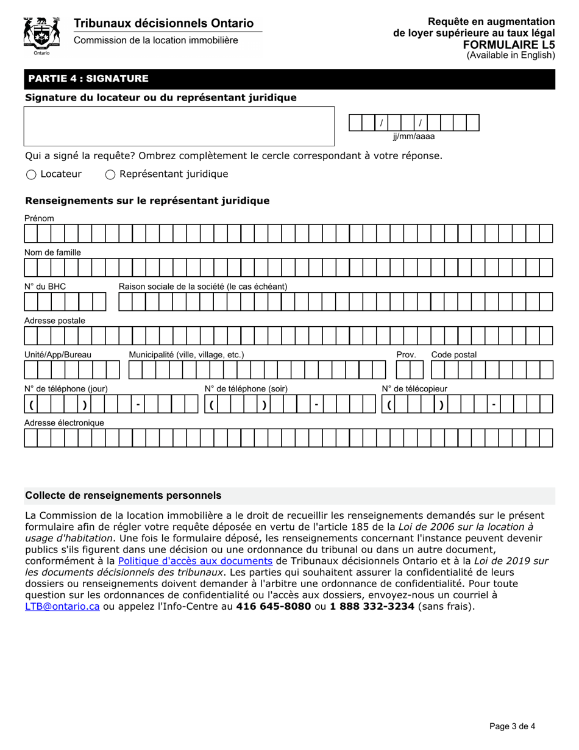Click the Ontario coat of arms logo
[41, 35]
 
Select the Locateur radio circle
[31, 175]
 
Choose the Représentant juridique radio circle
[110, 175]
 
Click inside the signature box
[179, 126]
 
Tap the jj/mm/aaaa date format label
[413, 137]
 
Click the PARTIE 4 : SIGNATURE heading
[87, 79]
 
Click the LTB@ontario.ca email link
[62, 606]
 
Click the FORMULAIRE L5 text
[509, 45]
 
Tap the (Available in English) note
[511, 55]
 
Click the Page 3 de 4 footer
[512, 726]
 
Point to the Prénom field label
[39, 218]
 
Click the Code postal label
[453, 355]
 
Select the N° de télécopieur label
[414, 389]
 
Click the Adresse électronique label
[64, 423]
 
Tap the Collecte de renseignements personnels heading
[123, 496]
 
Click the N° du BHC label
[45, 287]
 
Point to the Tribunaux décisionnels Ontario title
[163, 23]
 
